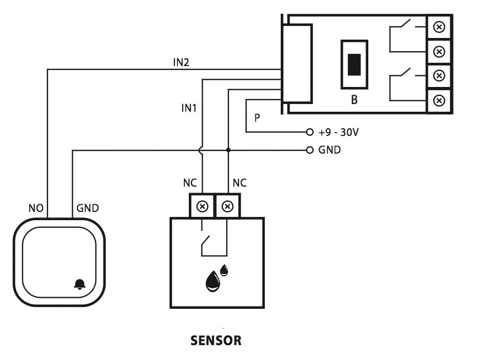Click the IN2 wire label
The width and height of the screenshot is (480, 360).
(181, 62)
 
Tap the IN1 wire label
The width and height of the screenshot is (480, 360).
(189, 108)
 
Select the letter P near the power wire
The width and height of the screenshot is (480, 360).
(257, 118)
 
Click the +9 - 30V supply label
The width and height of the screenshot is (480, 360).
(339, 133)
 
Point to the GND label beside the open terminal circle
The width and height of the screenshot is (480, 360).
(330, 150)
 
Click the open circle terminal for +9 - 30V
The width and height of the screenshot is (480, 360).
(310, 133)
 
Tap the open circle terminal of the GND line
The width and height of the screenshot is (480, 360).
(310, 150)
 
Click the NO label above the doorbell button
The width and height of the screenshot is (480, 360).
(35, 209)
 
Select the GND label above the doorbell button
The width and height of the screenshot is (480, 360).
(88, 209)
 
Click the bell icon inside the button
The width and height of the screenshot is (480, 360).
(80, 285)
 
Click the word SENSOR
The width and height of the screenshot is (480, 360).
(216, 341)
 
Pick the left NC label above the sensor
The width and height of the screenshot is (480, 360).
(189, 183)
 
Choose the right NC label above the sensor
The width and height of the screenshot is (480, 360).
(239, 183)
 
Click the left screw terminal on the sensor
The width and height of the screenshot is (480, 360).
(202, 207)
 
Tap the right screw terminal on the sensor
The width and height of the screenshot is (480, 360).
(227, 207)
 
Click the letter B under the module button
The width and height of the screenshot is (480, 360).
(354, 100)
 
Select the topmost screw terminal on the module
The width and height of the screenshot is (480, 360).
(439, 26)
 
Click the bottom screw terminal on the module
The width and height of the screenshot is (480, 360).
(439, 100)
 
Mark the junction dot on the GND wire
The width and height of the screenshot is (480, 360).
(227, 150)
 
